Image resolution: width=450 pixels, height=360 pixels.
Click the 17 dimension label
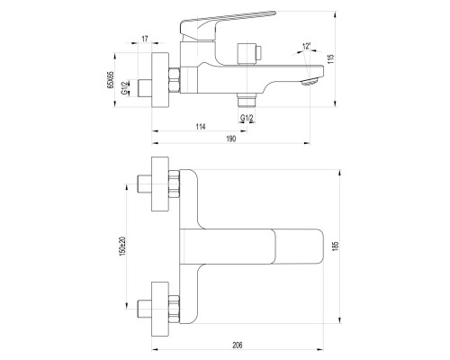click(x=145, y=39)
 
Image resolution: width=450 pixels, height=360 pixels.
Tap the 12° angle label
click(x=307, y=46)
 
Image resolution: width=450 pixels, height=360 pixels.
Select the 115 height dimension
click(x=331, y=59)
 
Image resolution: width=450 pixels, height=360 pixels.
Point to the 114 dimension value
click(x=201, y=127)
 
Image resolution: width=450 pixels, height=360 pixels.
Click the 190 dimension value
click(x=230, y=139)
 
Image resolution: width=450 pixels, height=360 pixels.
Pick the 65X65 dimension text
click(x=110, y=80)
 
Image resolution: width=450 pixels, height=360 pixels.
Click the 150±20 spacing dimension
click(x=122, y=247)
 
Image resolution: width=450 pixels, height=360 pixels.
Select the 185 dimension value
click(x=336, y=247)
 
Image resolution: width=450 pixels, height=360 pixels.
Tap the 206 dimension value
click(x=237, y=345)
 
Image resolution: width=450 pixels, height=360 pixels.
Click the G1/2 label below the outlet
click(x=247, y=118)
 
